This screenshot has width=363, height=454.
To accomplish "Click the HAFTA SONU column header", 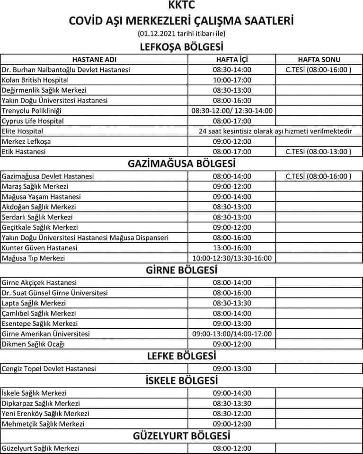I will click(x=319, y=60).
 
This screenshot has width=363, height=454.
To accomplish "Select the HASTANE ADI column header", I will click(x=94, y=60).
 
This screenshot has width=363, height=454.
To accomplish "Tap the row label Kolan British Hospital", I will click(x=35, y=80).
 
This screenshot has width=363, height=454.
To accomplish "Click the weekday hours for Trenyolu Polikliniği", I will click(x=232, y=111).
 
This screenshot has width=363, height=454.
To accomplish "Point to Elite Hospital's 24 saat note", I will click(x=275, y=131).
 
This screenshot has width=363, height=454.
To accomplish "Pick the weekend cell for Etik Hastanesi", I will click(x=319, y=152).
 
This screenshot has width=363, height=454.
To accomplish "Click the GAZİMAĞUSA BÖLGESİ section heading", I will click(x=182, y=164).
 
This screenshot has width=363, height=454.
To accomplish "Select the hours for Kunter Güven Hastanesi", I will click(x=232, y=248).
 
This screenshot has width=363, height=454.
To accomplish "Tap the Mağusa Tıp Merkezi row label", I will click(x=33, y=258).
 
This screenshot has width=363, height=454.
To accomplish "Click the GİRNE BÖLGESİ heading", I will click(x=182, y=271).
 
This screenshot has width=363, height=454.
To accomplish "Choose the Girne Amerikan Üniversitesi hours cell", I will click(x=232, y=334).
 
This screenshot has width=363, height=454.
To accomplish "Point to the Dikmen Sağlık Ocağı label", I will click(x=33, y=344).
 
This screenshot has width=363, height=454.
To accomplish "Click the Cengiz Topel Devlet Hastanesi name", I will click(x=49, y=369).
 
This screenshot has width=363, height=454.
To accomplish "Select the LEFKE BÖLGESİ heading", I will click(x=182, y=356).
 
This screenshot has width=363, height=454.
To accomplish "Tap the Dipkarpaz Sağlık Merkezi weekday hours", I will click(x=232, y=403).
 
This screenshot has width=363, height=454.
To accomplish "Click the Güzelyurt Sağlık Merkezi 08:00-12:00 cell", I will click(x=232, y=448).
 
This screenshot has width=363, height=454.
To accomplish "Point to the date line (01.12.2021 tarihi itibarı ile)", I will click(x=182, y=34).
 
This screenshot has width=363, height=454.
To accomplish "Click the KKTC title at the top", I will click(x=181, y=6).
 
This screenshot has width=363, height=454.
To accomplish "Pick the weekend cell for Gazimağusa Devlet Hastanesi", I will click(x=319, y=176).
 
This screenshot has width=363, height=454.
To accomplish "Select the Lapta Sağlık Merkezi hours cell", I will click(x=232, y=303).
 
